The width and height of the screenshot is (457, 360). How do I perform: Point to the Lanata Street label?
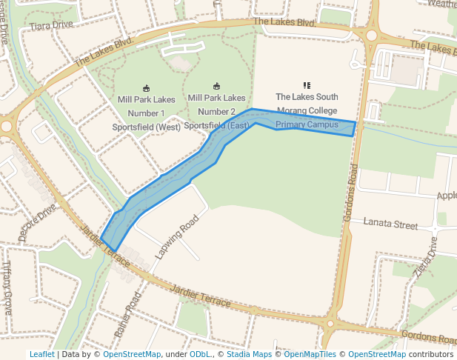390,224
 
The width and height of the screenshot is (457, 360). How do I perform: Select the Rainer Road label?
127,316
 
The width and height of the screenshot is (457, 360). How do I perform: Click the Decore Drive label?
37,223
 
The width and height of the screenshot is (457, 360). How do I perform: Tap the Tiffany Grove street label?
7,288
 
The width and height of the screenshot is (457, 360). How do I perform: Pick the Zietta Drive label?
427,256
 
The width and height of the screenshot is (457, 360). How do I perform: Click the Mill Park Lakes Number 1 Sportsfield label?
146,113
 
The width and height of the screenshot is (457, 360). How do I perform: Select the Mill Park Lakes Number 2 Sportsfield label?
216,111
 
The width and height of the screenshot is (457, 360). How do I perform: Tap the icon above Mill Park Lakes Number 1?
146,88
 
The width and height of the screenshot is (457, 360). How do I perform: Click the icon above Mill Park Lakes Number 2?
216,86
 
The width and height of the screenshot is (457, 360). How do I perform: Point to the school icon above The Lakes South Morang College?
307,85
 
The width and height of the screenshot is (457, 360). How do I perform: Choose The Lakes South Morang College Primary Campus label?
307,110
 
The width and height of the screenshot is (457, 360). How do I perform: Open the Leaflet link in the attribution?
41,355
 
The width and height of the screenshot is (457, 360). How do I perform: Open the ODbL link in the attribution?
199,355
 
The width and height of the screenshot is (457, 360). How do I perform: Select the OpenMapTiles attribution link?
308,355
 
